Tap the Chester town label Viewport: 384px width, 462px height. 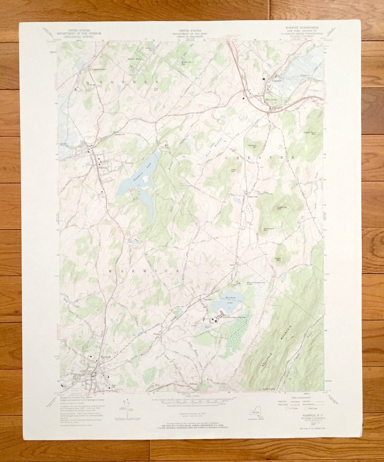(x=277, y=81)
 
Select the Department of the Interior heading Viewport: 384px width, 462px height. (x=79, y=33)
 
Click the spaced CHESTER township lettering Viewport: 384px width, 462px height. (x=260, y=157)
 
